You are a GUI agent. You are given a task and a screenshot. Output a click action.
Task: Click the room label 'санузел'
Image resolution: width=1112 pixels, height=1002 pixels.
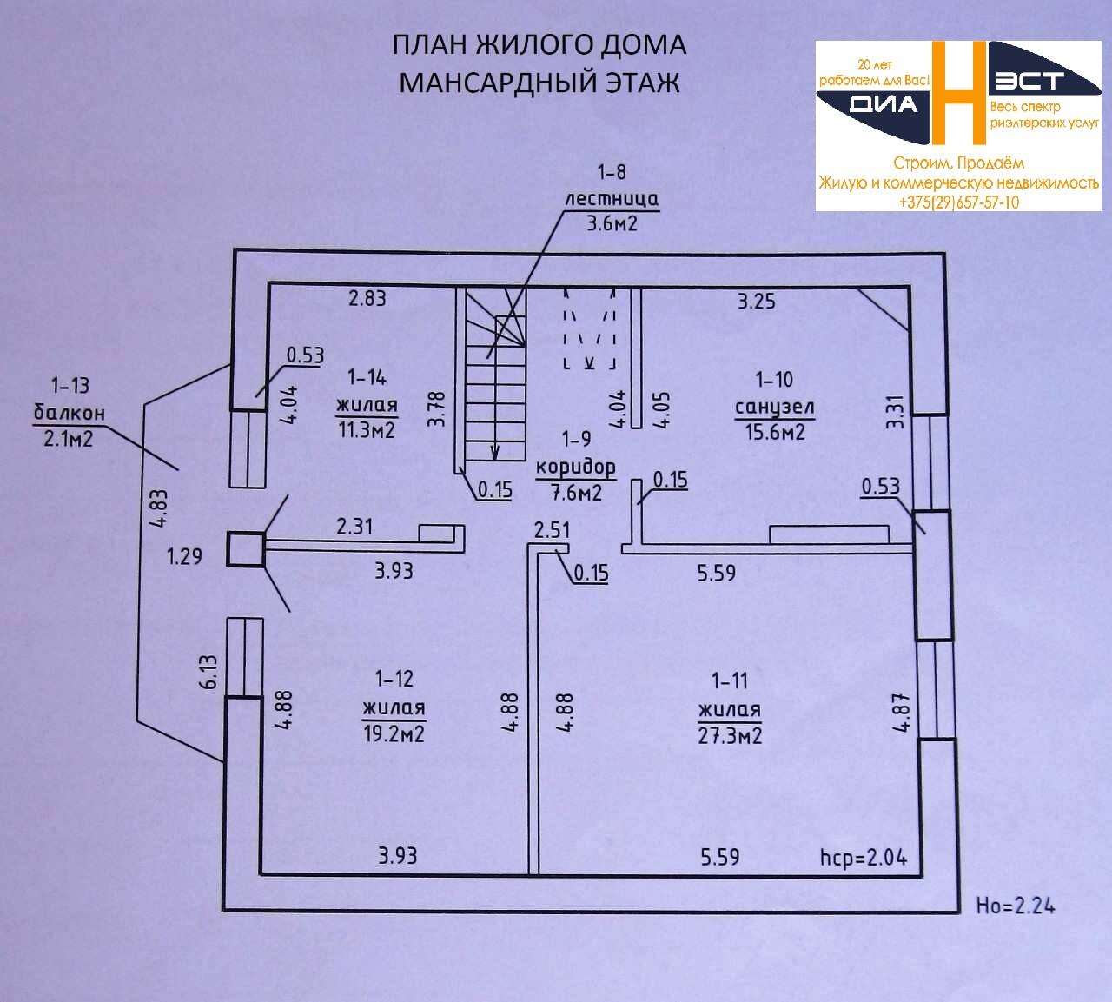[x=774, y=407]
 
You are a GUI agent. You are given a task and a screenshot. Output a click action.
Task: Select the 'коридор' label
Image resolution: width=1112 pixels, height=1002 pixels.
[x=575, y=467]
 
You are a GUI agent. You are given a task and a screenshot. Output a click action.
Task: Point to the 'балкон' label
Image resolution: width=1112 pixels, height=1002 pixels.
[x=69, y=412]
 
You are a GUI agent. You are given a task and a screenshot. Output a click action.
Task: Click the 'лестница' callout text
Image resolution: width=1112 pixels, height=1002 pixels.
[x=612, y=198]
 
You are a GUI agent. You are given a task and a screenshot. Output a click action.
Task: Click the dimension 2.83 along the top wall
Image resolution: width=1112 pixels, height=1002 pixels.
[x=367, y=298]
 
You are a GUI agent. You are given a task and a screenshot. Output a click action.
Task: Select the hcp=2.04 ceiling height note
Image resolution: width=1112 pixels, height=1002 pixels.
[x=863, y=858]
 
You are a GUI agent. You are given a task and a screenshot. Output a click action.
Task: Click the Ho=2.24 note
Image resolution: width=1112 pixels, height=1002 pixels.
[x=1016, y=905]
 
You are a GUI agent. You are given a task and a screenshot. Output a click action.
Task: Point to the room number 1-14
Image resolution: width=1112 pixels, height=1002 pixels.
[x=367, y=377]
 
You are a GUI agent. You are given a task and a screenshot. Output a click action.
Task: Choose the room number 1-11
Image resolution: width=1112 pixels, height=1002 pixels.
[x=729, y=680]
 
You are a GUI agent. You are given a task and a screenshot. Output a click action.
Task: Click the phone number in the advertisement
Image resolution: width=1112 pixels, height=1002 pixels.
[x=959, y=202]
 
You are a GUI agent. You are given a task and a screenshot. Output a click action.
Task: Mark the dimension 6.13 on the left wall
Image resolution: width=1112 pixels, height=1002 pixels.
[x=209, y=673]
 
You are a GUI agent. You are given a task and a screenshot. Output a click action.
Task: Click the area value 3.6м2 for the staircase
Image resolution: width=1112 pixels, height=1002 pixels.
[x=612, y=223]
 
